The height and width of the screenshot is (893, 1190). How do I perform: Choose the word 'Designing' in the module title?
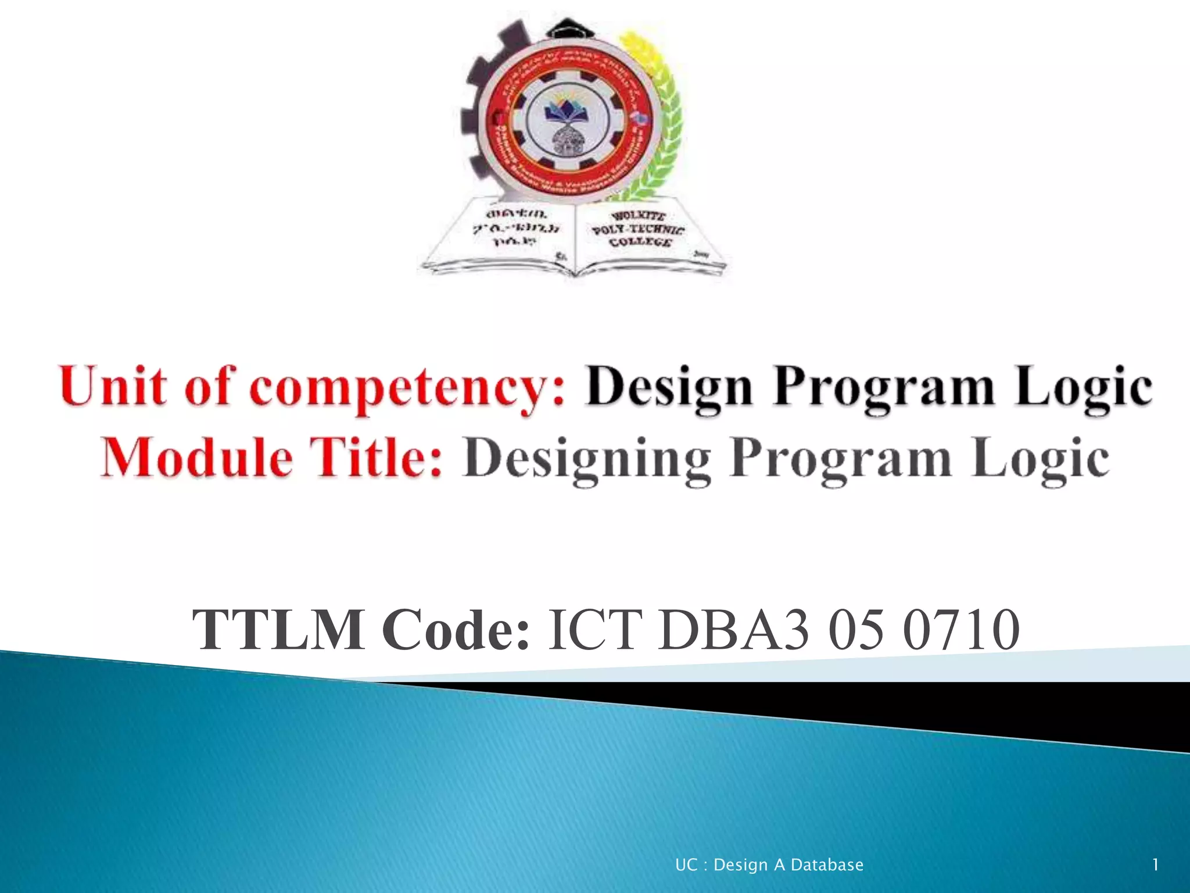click(x=587, y=460)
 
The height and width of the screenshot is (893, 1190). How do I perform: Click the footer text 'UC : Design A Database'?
click(x=769, y=865)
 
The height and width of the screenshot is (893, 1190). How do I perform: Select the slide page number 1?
click(x=1156, y=865)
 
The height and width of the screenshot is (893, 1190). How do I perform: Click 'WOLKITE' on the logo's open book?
click(x=638, y=217)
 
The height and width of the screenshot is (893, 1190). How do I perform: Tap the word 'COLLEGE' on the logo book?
click(x=640, y=242)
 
